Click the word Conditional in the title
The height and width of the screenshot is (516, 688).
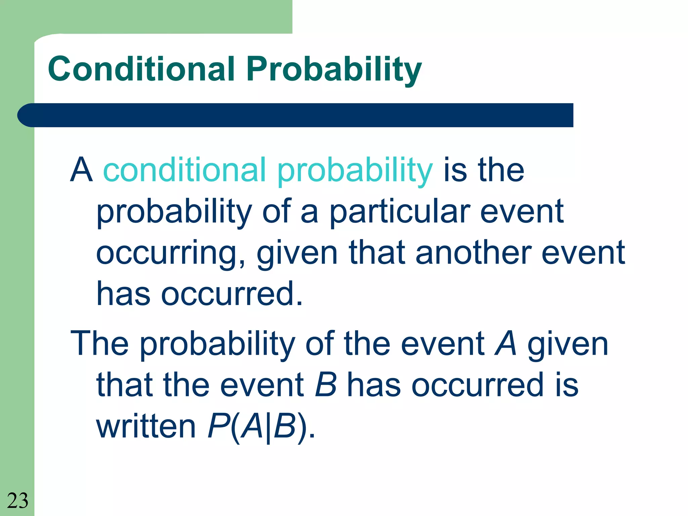(141, 69)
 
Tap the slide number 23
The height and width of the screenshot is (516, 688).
(17, 501)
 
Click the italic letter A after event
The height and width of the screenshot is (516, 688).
(506, 343)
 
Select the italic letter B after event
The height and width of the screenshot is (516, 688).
(326, 385)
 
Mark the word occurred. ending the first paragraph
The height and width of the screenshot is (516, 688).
(232, 294)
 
